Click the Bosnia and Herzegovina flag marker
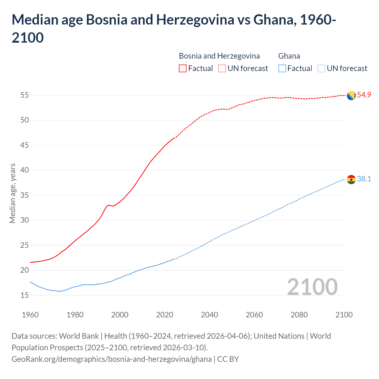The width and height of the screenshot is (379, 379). pos(351,96)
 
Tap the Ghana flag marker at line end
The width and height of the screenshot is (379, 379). pos(351,179)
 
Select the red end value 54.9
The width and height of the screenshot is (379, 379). pos(364,95)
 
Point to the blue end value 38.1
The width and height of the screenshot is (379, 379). pos(364,179)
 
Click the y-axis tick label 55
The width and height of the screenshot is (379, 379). pos(25,95)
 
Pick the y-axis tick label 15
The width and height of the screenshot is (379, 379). pos(25,295)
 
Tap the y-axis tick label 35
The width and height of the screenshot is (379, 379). pos(25,195)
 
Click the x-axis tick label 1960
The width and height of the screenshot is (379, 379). pos(30,315)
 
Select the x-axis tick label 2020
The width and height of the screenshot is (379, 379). pos(165,315)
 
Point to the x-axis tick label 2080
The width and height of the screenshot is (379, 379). pos(299,315)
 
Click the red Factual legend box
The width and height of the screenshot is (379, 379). pos(183,68)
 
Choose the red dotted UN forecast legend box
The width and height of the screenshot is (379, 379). pos(222,68)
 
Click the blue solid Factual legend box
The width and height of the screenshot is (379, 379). pos(282,68)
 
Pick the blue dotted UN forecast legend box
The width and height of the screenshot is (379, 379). pos(322,68)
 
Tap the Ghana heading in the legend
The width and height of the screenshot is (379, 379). pos(289,56)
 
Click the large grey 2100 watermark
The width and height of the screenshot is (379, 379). pos(312,287)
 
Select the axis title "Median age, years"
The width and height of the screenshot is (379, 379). pos(12,193)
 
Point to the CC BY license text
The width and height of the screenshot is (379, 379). pos(228,359)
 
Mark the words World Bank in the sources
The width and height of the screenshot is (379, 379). pos(79,336)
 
